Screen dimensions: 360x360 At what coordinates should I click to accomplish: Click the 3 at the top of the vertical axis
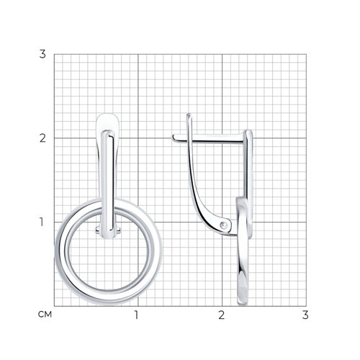pyautogui.click(x=42, y=54)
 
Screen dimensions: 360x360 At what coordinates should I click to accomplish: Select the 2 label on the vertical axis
pyautogui.click(x=42, y=138)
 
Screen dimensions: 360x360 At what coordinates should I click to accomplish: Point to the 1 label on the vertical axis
pyautogui.click(x=42, y=222)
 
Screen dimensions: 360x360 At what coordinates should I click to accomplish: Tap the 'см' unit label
pyautogui.click(x=45, y=315)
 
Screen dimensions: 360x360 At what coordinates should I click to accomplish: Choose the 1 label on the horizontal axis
pyautogui.click(x=136, y=315)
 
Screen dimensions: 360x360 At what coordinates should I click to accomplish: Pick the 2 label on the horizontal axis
pyautogui.click(x=222, y=315)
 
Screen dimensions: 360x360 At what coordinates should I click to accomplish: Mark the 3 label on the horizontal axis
pyautogui.click(x=305, y=315)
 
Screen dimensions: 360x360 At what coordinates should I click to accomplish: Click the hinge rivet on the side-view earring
pyautogui.click(x=224, y=225)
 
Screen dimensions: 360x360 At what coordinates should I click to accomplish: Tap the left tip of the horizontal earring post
pyautogui.click(x=173, y=138)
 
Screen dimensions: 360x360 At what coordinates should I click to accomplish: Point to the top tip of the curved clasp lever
pyautogui.click(x=189, y=114)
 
